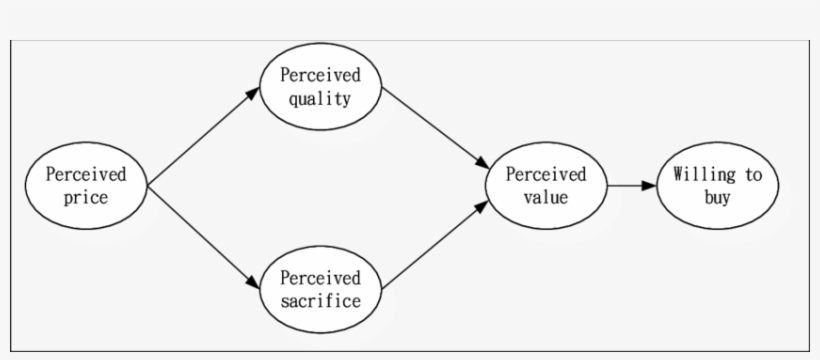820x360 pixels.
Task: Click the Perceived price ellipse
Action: pyautogui.click(x=86, y=186)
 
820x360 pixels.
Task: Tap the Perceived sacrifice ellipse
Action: pyautogui.click(x=320, y=289)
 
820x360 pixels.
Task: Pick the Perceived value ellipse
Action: pyautogui.click(x=546, y=186)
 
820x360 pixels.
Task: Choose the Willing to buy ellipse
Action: pyautogui.click(x=717, y=186)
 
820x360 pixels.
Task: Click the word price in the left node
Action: pyautogui.click(x=86, y=198)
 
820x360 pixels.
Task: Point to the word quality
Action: pyautogui.click(x=320, y=98)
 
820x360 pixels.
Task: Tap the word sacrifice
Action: pyautogui.click(x=320, y=301)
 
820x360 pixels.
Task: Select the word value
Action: pyautogui.click(x=546, y=198)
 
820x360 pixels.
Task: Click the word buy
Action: pyautogui.click(x=717, y=198)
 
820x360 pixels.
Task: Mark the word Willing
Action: pyautogui.click(x=700, y=175)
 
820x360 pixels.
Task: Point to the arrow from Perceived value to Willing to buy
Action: pyautogui.click(x=630, y=186)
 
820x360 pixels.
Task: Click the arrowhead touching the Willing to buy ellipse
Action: pyautogui.click(x=649, y=186)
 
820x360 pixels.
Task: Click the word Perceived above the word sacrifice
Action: pyautogui.click(x=320, y=277)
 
